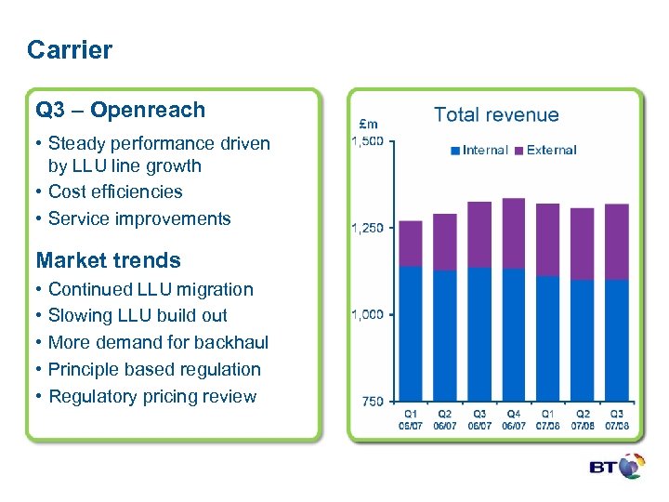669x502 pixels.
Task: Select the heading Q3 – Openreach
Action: click(121, 110)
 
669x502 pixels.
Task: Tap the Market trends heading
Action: click(108, 260)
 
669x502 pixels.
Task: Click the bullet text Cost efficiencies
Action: click(115, 192)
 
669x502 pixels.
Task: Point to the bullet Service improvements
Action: click(139, 218)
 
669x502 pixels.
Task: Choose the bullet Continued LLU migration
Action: click(151, 289)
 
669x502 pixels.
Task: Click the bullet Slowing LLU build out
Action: click(138, 315)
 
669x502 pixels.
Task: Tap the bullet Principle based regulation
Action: click(154, 369)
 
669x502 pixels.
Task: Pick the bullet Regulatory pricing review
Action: click(152, 396)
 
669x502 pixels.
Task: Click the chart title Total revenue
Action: click(496, 115)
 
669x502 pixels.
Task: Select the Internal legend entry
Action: click(479, 150)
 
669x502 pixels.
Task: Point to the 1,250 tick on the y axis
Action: click(367, 228)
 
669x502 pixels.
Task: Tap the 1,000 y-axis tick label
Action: click(367, 314)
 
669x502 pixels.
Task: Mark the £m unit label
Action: click(368, 123)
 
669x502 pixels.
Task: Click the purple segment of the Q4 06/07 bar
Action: click(513, 232)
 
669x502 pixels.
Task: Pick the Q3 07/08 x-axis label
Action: click(616, 419)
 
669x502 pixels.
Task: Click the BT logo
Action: click(616, 467)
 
